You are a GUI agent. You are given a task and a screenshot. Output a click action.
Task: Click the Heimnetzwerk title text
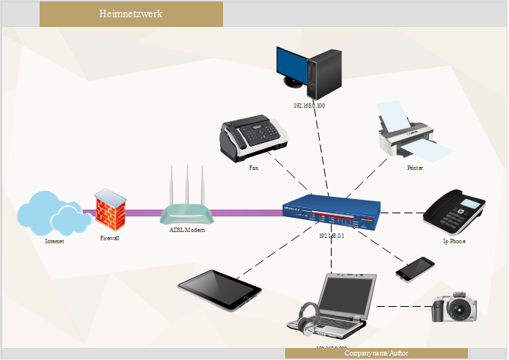pos(130,14)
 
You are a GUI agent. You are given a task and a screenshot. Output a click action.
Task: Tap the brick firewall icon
pos(110,212)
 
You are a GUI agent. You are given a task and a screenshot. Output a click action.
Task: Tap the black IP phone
pos(456,213)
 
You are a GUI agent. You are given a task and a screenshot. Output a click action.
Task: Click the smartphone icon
pos(415,269)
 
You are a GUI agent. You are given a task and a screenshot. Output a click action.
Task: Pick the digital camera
pos(454,307)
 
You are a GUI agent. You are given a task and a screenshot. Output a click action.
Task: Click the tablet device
pos(219,290)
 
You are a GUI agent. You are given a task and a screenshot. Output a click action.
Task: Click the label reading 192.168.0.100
pos(309,106)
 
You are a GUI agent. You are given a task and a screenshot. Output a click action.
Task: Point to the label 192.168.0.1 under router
pos(332,236)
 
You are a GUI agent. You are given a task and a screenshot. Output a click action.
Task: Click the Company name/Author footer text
pos(377,353)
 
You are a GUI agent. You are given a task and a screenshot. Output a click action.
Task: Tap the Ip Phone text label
pos(454,242)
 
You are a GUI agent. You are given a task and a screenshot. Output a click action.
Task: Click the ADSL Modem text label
pos(187,230)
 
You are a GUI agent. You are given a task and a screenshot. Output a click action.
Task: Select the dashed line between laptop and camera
pos(404,306)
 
